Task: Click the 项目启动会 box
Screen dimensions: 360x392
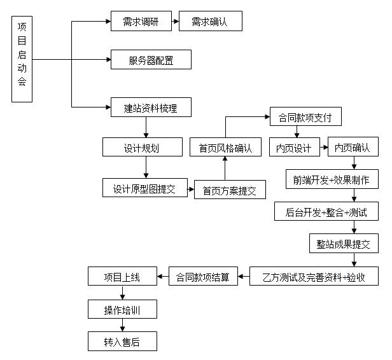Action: (x=22, y=60)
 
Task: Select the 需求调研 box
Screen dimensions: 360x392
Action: (x=141, y=22)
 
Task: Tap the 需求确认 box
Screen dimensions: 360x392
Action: (x=210, y=22)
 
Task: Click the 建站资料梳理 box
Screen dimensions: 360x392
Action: (x=151, y=107)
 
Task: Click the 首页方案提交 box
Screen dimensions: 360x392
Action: (x=230, y=190)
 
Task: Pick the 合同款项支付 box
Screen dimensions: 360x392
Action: (x=301, y=117)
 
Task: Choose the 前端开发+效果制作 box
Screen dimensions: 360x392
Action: (x=332, y=179)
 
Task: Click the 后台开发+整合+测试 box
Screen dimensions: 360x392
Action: (x=326, y=211)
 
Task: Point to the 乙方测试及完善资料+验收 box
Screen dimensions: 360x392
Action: (x=314, y=277)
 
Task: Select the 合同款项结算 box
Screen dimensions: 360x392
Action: (x=202, y=277)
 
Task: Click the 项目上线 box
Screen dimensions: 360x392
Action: (x=122, y=277)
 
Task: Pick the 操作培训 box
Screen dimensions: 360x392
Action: (x=122, y=310)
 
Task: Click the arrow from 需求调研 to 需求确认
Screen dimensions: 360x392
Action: (x=176, y=22)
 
